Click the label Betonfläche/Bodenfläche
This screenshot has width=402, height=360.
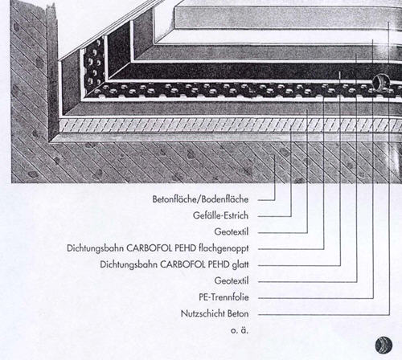[200, 199]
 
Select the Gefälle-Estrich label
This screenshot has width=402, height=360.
[220, 215]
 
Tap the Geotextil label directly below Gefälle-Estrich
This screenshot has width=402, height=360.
[232, 231]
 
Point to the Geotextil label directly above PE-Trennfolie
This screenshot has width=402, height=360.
[232, 280]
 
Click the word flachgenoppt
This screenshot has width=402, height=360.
[224, 248]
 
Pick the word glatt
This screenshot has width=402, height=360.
[240, 264]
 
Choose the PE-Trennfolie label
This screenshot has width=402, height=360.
[224, 297]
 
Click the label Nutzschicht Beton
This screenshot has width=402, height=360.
[215, 313]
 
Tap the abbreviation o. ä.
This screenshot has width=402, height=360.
[240, 330]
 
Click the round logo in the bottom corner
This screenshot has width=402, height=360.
[384, 345]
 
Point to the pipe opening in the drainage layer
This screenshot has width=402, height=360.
[379, 82]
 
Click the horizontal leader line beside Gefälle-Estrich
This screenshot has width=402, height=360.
[274, 216]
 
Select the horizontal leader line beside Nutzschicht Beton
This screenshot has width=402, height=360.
[323, 314]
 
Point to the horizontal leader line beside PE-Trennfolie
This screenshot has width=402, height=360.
[315, 298]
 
